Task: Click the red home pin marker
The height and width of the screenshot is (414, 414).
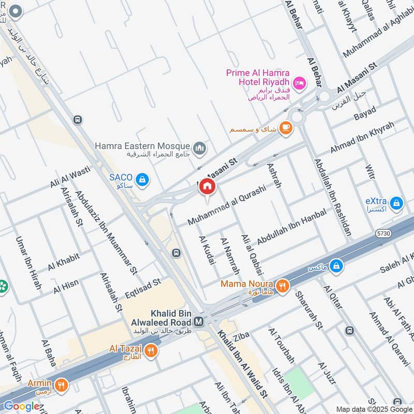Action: (207, 187)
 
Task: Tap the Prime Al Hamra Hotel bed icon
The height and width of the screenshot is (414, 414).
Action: (299, 83)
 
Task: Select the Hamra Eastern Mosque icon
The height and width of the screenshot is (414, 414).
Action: (200, 149)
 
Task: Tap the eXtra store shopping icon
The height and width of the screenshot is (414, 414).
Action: (397, 203)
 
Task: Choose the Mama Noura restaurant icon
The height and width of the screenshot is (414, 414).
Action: (282, 286)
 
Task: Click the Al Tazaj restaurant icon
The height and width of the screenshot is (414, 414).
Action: (151, 351)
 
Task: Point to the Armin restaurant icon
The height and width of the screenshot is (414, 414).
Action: (62, 385)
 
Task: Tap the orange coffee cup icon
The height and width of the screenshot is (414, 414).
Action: (285, 127)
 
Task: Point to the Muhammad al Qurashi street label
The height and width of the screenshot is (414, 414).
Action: (227, 205)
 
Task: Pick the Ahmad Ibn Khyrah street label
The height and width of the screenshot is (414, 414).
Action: (362, 137)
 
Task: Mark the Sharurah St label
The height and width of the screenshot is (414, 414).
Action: (308, 310)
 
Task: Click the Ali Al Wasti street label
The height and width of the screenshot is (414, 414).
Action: (70, 177)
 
